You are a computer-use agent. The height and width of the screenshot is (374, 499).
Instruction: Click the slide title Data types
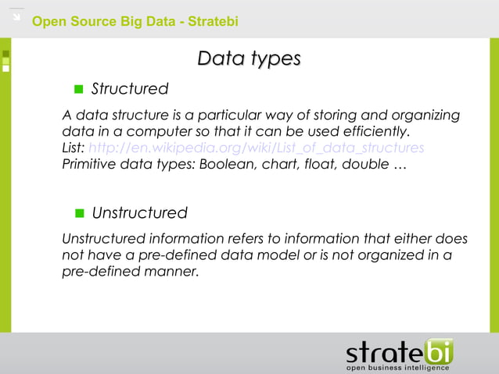click(x=249, y=59)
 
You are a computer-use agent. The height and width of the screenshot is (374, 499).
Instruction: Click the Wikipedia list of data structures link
click(x=257, y=148)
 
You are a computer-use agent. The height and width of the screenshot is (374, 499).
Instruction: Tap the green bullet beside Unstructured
click(x=78, y=213)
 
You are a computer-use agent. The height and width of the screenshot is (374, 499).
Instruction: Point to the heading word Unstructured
click(x=139, y=213)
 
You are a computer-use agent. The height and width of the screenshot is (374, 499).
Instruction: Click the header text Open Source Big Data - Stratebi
click(x=135, y=21)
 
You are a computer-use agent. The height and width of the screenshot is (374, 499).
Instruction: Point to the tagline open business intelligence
click(x=398, y=367)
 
